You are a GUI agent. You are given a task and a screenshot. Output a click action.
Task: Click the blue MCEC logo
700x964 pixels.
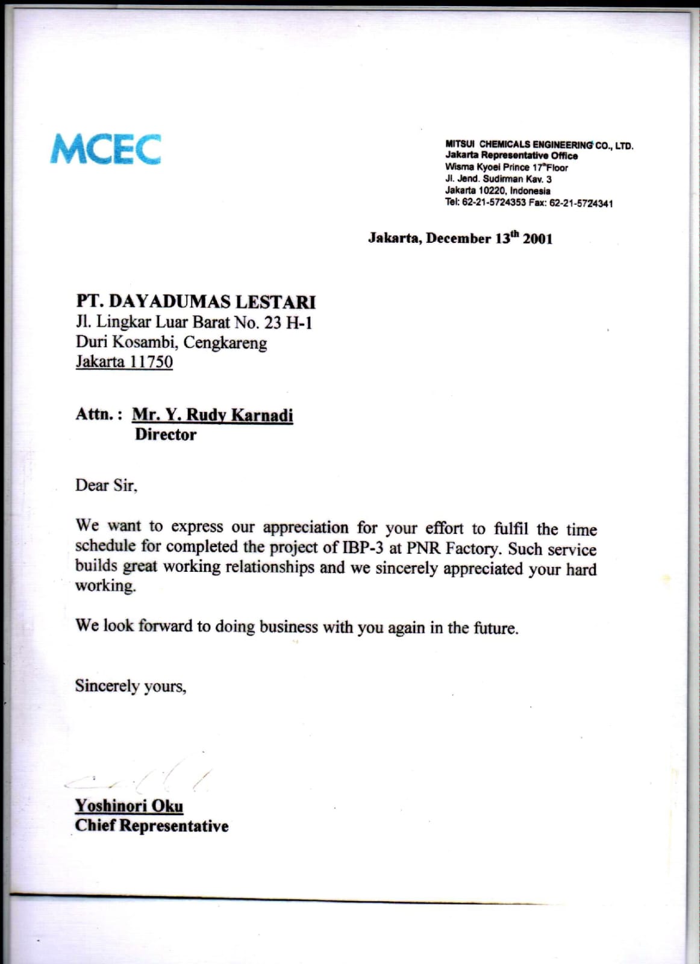click(105, 149)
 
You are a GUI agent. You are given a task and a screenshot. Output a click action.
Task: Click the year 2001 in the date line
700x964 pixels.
click(537, 239)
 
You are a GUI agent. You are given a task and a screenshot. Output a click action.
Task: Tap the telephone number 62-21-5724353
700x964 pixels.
click(494, 202)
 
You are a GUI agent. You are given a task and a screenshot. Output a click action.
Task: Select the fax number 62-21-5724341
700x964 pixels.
click(581, 203)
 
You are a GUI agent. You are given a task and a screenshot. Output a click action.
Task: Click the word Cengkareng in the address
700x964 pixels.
click(225, 342)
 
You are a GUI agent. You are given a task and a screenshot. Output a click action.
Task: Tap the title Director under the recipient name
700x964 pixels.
click(166, 434)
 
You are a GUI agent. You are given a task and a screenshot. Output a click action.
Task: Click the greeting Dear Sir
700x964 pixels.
click(106, 485)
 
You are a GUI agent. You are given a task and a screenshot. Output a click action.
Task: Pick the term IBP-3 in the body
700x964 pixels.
click(363, 548)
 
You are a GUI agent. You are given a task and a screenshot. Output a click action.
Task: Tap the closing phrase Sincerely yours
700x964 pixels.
click(131, 686)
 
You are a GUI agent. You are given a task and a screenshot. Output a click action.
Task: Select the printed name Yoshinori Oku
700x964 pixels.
click(129, 806)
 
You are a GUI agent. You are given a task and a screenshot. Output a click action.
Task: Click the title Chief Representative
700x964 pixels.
click(152, 825)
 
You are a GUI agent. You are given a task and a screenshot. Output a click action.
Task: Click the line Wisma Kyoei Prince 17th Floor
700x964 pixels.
click(506, 167)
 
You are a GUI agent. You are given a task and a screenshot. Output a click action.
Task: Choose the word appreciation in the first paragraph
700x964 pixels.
click(305, 527)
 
